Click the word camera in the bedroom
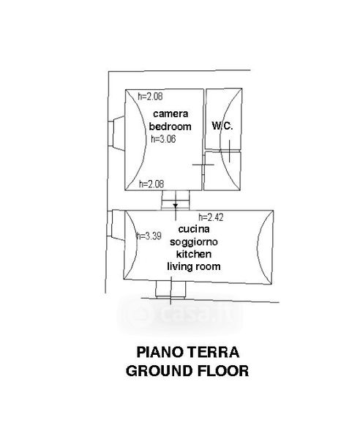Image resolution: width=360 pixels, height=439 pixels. (170, 113)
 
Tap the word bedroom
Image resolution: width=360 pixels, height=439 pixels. (170, 127)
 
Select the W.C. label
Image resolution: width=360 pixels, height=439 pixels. (222, 126)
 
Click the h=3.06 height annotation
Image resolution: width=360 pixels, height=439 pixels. (163, 139)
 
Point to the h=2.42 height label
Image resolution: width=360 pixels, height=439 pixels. (211, 217)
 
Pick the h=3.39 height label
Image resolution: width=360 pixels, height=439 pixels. (149, 236)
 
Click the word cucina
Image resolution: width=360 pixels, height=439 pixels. (194, 229)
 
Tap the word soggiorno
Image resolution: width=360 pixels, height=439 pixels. (194, 242)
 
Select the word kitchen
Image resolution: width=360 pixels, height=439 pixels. (194, 254)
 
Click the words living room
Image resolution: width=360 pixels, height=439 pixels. (194, 266)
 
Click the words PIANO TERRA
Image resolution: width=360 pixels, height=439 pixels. (188, 352)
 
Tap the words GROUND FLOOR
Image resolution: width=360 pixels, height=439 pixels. (187, 371)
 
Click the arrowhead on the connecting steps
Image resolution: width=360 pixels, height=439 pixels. (176, 206)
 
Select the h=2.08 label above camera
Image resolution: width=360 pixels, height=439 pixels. (150, 97)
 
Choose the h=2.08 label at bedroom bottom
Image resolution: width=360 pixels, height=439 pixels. (151, 184)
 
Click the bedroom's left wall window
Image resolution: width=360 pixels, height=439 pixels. (116, 134)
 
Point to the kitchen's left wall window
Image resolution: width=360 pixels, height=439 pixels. (116, 225)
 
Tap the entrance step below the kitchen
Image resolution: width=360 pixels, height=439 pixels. (170, 289)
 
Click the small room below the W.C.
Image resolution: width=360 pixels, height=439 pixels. (222, 170)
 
